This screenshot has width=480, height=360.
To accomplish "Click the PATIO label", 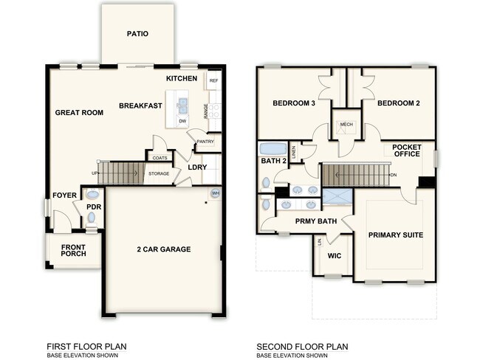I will click(137, 33).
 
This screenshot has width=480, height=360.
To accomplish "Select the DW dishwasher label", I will click(182, 120).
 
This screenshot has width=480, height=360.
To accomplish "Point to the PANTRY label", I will click(205, 141).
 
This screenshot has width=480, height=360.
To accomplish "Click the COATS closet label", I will click(159, 157).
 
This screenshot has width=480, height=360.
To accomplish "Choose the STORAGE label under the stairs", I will click(159, 173).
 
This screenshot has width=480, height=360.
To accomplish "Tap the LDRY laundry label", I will click(197, 167).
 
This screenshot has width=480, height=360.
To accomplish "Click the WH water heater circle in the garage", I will click(216, 193).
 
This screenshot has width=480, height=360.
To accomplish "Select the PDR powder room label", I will click(93, 207).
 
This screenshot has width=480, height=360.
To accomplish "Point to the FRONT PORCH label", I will click(73, 251).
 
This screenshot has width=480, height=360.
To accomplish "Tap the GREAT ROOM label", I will click(79, 113).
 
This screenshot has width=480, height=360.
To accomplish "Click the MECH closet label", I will click(346, 125).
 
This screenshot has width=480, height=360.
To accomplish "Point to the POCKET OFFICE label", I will click(406, 150).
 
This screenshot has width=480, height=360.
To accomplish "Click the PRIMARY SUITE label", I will click(397, 235).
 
